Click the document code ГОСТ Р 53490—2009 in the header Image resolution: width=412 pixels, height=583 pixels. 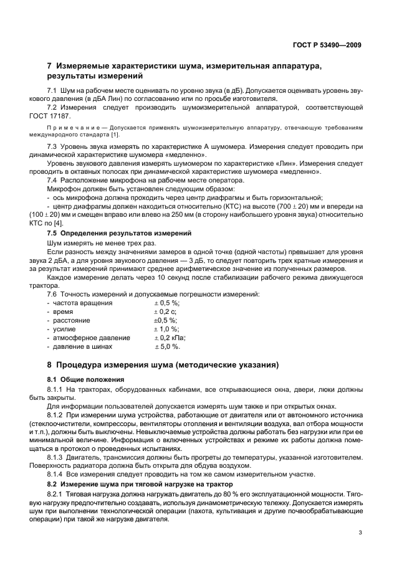pos(327,45)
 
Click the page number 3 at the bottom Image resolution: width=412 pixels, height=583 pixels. pos(360,533)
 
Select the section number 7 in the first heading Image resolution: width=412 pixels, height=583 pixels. pos(50,66)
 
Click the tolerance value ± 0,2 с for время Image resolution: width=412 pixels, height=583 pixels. pos(165,311)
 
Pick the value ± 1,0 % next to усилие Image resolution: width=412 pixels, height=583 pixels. pos(166,329)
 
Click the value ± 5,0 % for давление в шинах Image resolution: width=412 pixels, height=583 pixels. pos(166,346)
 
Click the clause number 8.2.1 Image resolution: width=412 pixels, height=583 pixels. pos(57,493)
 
